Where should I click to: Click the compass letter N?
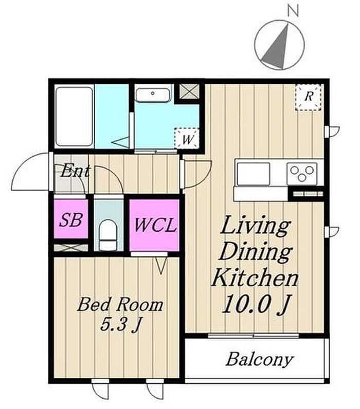[293, 11]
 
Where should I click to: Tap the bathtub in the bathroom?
[75, 116]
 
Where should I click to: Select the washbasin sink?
[153, 95]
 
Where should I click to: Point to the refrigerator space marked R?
[308, 97]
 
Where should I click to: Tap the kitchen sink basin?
[253, 173]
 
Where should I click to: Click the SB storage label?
[71, 220]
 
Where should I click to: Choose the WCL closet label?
[155, 225]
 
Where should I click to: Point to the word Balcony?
[260, 360]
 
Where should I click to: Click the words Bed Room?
[120, 305]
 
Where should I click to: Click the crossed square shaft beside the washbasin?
[189, 91]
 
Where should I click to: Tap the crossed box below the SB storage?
[71, 248]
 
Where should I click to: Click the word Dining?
[256, 251]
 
